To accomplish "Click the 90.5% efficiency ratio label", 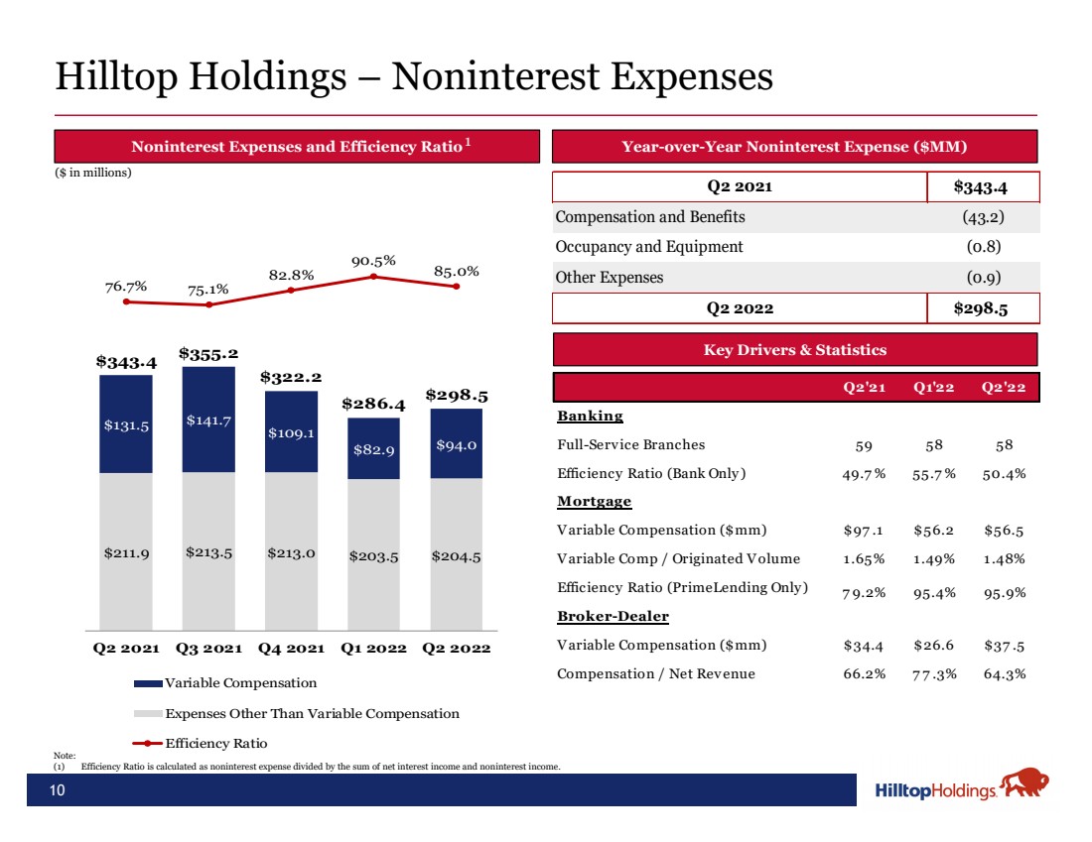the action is (373, 261).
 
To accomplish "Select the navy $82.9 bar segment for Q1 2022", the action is (373, 448).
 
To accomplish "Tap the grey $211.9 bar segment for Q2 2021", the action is (126, 551).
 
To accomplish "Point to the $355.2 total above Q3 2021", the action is (208, 353).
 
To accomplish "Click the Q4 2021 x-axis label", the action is (291, 648).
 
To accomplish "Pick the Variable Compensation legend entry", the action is (225, 682).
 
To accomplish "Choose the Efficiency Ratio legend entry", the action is (201, 743).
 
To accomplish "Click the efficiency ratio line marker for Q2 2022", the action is (457, 286).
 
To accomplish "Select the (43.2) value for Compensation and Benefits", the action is (984, 217).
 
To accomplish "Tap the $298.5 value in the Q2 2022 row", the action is (981, 308).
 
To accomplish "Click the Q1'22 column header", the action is (934, 387).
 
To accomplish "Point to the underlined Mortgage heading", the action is (594, 501).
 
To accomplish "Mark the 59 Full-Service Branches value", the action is (864, 445).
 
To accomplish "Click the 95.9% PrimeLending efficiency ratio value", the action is (1005, 593).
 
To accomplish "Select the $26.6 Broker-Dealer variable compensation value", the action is (933, 645).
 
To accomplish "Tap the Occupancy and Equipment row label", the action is (649, 247).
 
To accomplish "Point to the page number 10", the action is (58, 789).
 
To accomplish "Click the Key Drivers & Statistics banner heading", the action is (794, 349).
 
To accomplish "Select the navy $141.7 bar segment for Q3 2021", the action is (208, 420).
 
